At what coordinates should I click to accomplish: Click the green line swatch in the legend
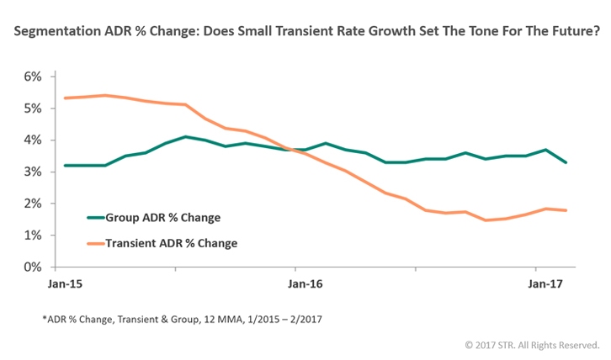pyautogui.click(x=98, y=218)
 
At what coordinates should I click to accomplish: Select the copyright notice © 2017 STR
pyautogui.click(x=531, y=345)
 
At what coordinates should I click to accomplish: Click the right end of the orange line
pyautogui.click(x=565, y=210)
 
